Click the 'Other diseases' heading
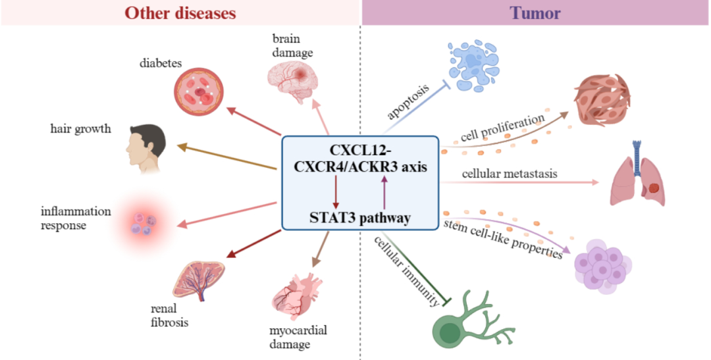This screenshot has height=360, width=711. click(x=181, y=13)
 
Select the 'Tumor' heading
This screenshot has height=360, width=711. click(x=535, y=13)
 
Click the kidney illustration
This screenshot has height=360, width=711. click(x=198, y=279)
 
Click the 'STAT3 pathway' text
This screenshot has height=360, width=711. click(x=360, y=218)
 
